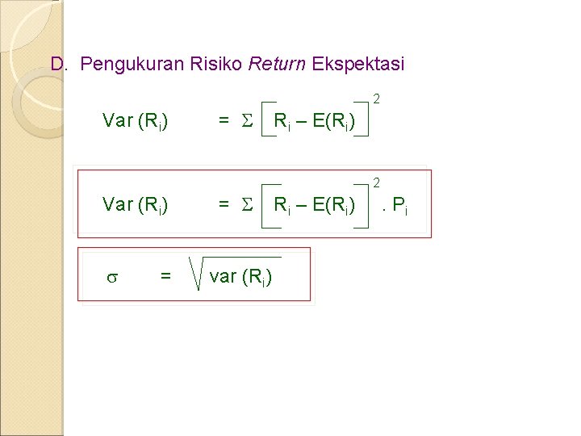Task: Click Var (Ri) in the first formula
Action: point(136,122)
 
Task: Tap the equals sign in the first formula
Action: point(224,122)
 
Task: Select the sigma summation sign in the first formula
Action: point(248,122)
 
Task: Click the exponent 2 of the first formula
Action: point(376,100)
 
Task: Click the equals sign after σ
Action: point(165,277)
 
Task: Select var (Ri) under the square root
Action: point(240,277)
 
